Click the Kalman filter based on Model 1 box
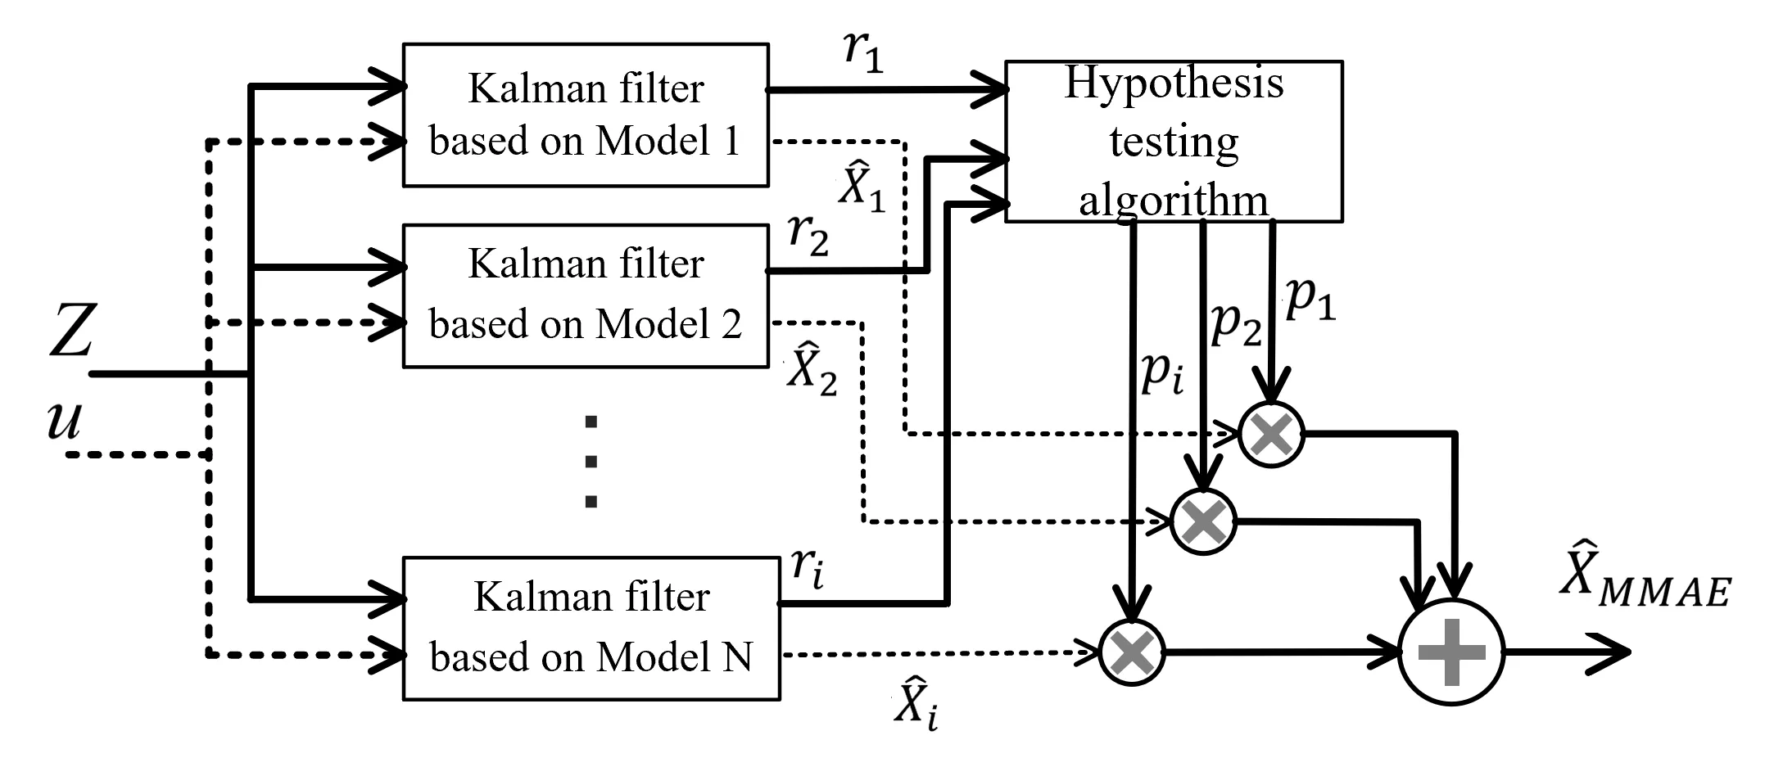(586, 115)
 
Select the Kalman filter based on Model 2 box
(586, 296)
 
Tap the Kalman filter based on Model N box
(591, 628)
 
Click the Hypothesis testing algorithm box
(1173, 141)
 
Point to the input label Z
(72, 332)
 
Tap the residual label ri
(808, 566)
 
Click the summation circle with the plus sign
(1451, 652)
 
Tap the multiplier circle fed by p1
(1271, 435)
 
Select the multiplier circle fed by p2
(1203, 521)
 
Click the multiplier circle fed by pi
(1132, 652)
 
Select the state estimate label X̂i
(916, 702)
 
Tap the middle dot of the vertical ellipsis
(591, 462)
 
